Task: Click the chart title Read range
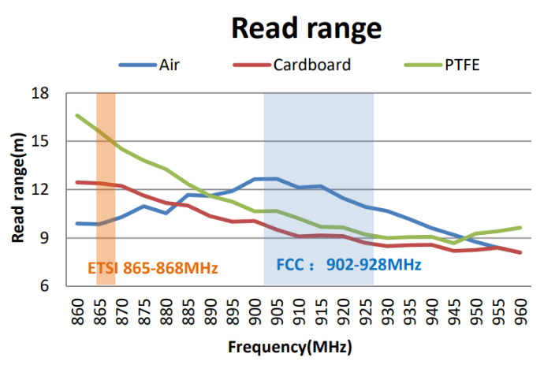point(306,28)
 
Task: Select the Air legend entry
point(169,65)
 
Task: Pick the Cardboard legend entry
point(311,65)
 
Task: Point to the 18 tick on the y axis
point(39,94)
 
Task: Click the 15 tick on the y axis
point(39,142)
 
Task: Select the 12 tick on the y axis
point(39,190)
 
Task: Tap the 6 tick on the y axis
point(43,286)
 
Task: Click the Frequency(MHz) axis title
point(289,347)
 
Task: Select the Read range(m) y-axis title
point(17,189)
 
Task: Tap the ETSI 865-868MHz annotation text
point(152,266)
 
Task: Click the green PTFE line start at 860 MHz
point(77,115)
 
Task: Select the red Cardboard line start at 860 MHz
point(77,182)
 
